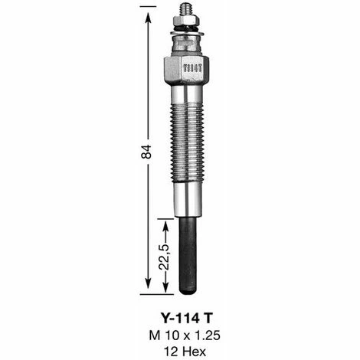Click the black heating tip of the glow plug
coord(188,257)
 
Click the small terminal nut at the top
coord(186,24)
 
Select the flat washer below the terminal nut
coord(186,33)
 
